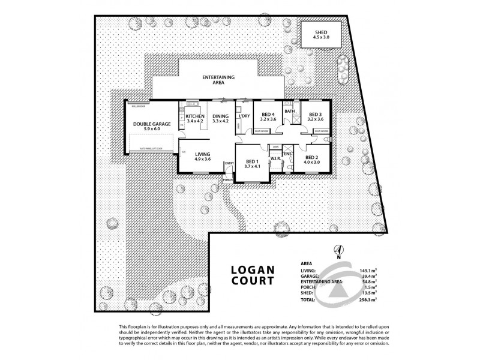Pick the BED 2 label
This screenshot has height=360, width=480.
(x=312, y=158)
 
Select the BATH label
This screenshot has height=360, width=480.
(x=289, y=111)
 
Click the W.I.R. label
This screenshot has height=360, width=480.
(x=277, y=159)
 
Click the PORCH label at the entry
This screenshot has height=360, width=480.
(x=227, y=179)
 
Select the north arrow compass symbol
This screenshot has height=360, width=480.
(x=338, y=250)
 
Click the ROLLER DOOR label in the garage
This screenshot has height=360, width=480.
(x=138, y=106)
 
